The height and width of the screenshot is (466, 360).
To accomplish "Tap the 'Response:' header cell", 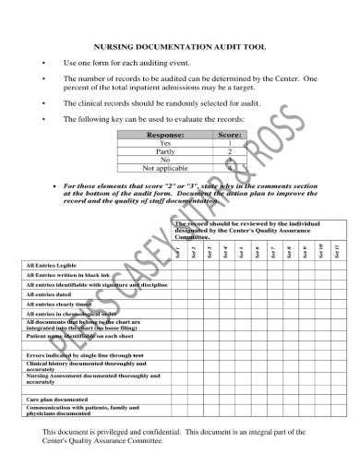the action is click(x=165, y=135).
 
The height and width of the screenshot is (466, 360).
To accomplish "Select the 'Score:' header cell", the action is click(x=229, y=135).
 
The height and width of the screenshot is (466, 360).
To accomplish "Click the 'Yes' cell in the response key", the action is click(x=165, y=144).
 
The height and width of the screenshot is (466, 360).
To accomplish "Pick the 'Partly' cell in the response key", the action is click(x=165, y=152).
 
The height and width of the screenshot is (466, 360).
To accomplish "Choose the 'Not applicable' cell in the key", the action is click(x=165, y=169).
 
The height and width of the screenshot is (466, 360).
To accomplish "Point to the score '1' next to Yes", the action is click(x=229, y=144).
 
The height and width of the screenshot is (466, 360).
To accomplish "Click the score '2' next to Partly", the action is click(x=229, y=152).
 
